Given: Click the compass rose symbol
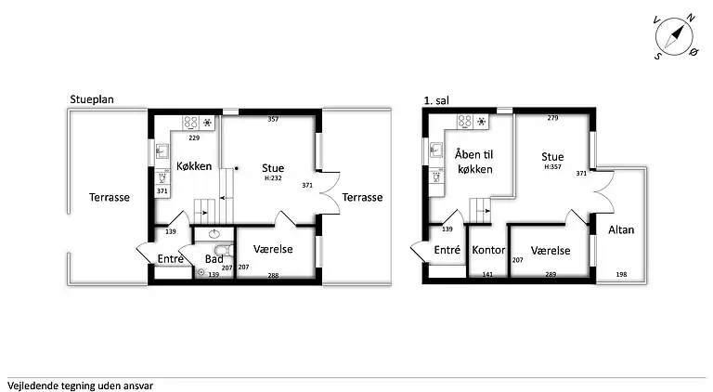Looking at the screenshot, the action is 675,37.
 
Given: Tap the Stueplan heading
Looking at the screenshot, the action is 92,99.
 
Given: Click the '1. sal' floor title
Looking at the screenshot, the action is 436,100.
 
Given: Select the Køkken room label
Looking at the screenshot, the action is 194,166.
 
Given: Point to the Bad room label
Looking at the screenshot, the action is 214,259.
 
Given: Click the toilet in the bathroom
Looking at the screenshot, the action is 224,251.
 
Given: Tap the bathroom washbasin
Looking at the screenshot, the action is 214,234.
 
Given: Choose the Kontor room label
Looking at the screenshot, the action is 488,250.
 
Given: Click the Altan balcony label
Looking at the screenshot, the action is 621,229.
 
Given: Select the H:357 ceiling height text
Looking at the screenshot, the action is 552,167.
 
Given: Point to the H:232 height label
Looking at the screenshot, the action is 273,178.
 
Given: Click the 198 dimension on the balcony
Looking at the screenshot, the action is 621,274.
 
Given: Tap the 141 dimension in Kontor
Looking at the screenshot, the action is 487,274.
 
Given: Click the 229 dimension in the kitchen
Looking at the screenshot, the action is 194,137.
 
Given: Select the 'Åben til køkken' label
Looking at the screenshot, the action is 474,162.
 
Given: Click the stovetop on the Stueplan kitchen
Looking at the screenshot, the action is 191,123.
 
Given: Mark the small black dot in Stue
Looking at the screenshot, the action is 237,168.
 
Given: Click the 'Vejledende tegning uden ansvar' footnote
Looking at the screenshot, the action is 80,386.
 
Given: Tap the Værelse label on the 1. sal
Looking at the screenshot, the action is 551,251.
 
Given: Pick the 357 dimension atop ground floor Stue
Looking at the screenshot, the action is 273,119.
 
